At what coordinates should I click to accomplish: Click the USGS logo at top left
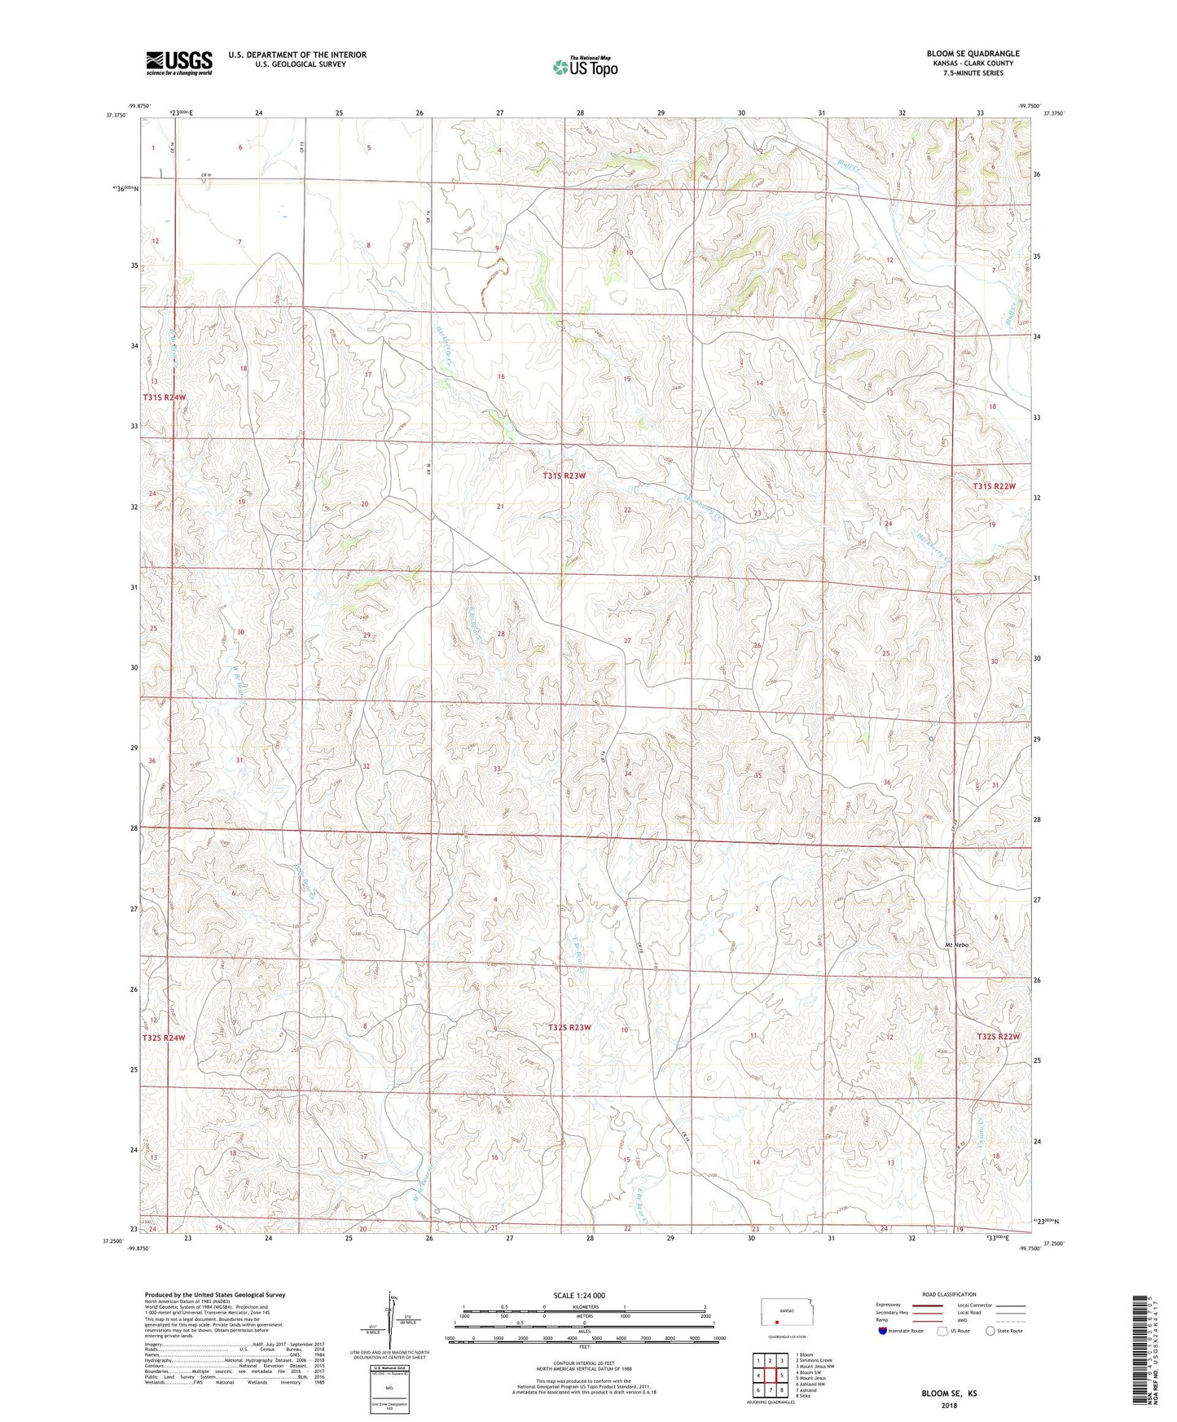point(179,63)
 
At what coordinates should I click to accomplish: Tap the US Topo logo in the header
point(585,67)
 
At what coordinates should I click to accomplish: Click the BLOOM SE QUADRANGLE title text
point(973,54)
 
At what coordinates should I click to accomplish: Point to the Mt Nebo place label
point(956,945)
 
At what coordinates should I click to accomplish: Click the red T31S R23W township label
point(564,475)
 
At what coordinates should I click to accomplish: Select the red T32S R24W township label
point(164,1038)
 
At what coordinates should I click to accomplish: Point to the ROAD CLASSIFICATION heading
point(949,1294)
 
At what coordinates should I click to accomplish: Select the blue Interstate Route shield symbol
point(883,1331)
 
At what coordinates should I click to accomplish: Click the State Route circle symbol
point(990,1331)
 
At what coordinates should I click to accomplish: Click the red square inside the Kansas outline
point(776,1323)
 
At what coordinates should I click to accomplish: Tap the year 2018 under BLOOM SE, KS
point(949,1406)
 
